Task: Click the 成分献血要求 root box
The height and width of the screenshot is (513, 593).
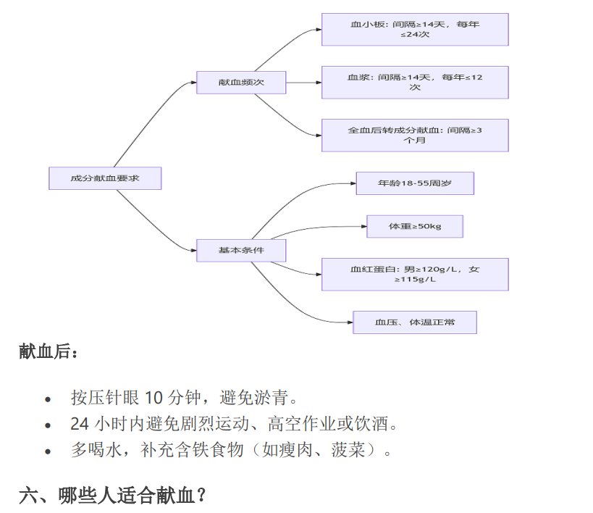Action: (x=105, y=178)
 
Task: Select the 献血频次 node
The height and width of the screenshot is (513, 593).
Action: (x=241, y=83)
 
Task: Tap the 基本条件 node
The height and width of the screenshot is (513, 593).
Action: (x=241, y=251)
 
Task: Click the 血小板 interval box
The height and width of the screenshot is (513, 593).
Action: (x=415, y=30)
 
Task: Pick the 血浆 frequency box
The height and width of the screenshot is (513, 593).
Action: (x=415, y=83)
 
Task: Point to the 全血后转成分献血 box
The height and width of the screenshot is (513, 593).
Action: (x=415, y=135)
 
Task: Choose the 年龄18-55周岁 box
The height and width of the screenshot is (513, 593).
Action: (x=415, y=183)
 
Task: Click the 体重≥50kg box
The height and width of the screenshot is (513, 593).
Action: (x=415, y=227)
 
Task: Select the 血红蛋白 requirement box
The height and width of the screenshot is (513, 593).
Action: (x=415, y=275)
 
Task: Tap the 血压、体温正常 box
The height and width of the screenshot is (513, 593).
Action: (x=415, y=322)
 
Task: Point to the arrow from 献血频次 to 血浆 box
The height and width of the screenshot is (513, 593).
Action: (x=304, y=83)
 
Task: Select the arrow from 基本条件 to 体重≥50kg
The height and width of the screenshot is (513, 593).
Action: (x=319, y=230)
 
